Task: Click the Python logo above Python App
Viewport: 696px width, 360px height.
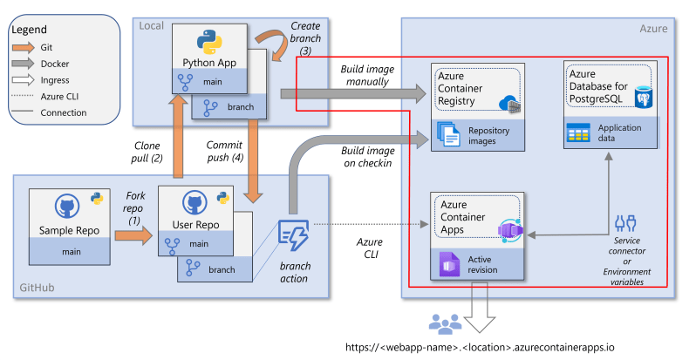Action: (207, 41)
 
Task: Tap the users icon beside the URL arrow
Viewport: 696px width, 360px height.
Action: (446, 325)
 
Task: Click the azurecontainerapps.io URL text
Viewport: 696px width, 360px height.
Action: (479, 347)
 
